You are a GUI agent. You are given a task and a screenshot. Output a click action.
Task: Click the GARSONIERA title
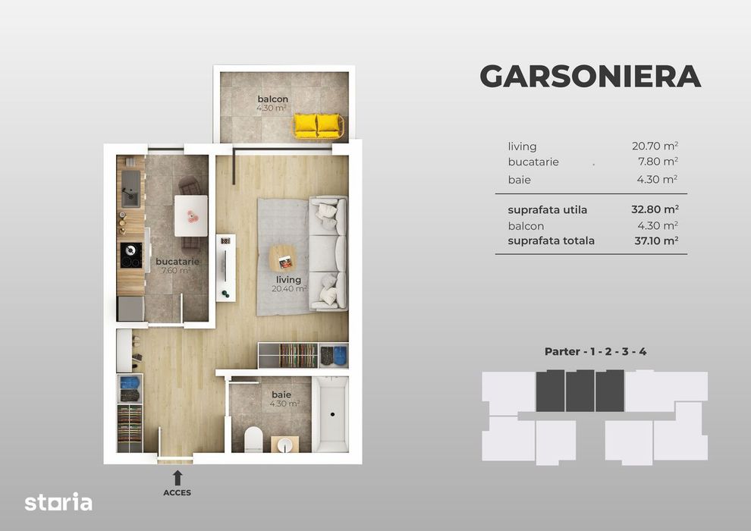click(589, 77)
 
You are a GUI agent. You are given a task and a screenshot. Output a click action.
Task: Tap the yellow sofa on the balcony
click(318, 125)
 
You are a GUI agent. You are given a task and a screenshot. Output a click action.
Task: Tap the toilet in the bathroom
click(253, 438)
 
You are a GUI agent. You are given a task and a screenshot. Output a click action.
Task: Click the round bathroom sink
click(286, 443)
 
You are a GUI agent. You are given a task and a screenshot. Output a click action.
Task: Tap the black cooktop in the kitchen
click(130, 255)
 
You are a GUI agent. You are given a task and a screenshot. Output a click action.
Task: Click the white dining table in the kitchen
click(190, 215)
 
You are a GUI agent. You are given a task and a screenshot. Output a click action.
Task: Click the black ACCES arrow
click(177, 477)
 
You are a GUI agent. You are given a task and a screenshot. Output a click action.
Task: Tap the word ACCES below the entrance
click(177, 493)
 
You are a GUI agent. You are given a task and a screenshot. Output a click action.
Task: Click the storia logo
click(58, 502)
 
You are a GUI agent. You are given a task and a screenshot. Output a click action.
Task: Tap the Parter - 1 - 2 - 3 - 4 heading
click(595, 351)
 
